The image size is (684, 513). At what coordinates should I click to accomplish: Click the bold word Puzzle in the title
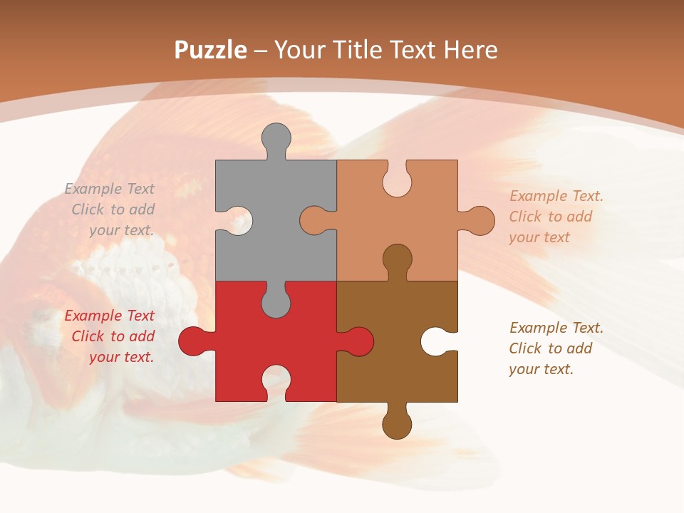[x=211, y=50]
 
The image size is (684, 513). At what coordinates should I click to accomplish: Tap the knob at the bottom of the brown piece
[x=397, y=425]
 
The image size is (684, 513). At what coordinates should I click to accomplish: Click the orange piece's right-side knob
[x=481, y=220]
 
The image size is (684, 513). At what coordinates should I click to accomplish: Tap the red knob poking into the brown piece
[x=359, y=341]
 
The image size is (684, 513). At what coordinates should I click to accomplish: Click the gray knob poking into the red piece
[x=276, y=303]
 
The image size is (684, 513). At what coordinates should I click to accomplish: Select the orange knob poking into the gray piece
[x=313, y=220]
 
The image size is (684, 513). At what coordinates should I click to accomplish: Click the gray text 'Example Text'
[x=109, y=189]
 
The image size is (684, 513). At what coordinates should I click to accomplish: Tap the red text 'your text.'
[x=121, y=357]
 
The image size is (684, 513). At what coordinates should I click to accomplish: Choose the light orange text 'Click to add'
[x=550, y=217]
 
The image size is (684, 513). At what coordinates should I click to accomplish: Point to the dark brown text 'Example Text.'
[x=556, y=328]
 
